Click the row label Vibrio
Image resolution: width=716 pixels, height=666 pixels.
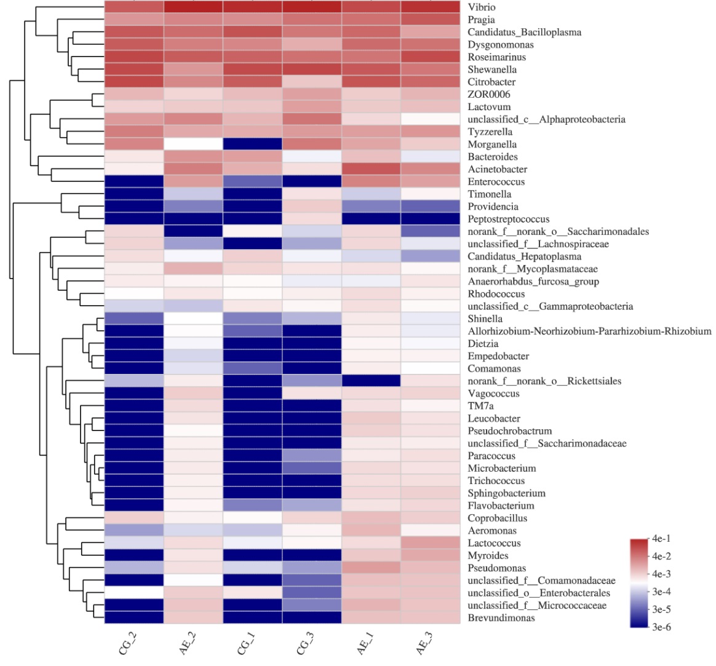[481, 7]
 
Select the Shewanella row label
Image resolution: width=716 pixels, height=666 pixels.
[492, 69]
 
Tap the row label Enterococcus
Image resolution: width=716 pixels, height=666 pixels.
[496, 181]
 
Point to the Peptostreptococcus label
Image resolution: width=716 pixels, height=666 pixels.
[509, 219]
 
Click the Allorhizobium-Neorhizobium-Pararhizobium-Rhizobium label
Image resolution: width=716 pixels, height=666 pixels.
[589, 331]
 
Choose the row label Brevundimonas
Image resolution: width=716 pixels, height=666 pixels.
[501, 617]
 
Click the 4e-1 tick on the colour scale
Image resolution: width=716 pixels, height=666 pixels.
[662, 539]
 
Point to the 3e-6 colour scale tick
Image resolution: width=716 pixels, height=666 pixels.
[662, 627]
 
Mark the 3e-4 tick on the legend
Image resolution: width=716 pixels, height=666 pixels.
[662, 592]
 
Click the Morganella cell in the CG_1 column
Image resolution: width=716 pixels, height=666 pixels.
[252, 144]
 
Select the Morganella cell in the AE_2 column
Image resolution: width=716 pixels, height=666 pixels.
[193, 144]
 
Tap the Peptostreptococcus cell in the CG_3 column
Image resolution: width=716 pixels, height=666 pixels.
[312, 219]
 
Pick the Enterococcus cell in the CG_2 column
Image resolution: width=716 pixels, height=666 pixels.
[134, 181]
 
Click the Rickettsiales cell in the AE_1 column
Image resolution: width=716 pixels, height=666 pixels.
[371, 381]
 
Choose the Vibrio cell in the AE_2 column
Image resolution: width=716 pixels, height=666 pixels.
[193, 7]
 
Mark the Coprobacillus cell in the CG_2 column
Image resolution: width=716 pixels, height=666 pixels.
[134, 518]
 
